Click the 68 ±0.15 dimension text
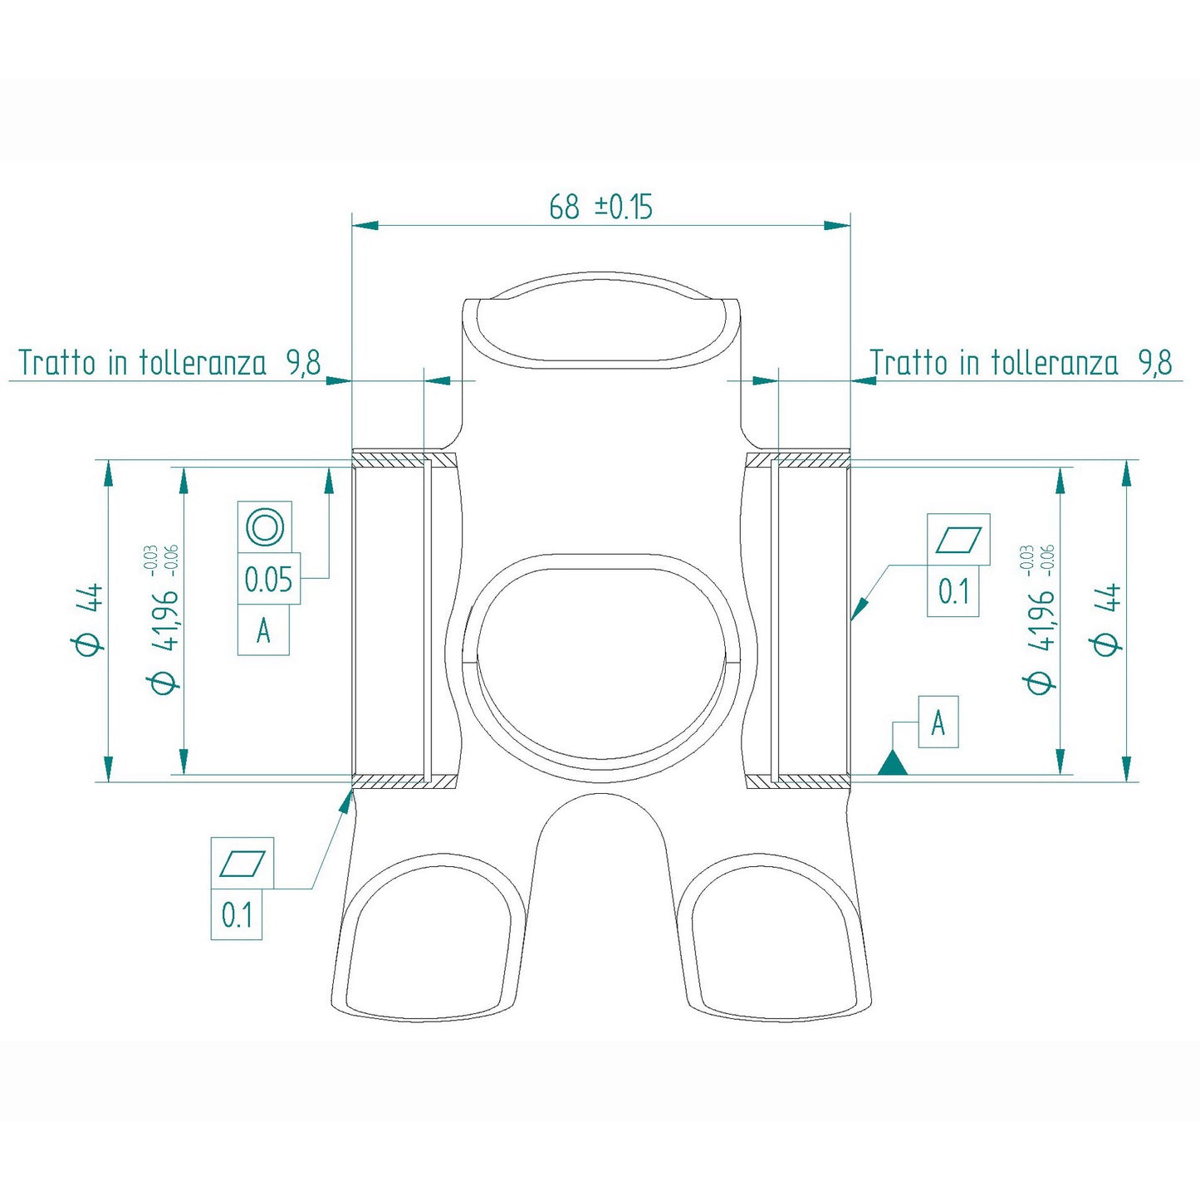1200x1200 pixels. (x=600, y=207)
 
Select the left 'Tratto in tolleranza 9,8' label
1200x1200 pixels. (x=169, y=363)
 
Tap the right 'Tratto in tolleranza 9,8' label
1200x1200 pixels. (x=1021, y=363)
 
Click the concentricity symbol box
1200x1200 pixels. (x=265, y=527)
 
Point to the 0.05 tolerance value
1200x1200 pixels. (x=268, y=579)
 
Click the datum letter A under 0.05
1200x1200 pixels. (x=263, y=631)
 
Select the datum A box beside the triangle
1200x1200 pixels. (x=938, y=722)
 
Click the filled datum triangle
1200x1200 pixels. (x=893, y=763)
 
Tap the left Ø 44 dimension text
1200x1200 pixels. (x=90, y=620)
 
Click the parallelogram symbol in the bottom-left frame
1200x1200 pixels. (x=242, y=864)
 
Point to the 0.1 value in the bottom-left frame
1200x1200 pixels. (x=237, y=914)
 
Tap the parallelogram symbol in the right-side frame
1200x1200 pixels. (x=958, y=540)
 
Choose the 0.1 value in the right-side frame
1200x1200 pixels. (x=953, y=591)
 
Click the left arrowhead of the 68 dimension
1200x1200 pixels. (x=365, y=225)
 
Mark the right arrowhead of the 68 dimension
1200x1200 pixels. (x=837, y=225)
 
